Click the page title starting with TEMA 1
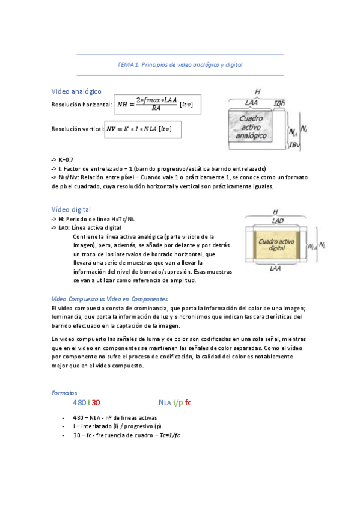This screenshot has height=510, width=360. point(180,64)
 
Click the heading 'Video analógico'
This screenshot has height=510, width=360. point(76,91)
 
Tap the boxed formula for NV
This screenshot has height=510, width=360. point(142,129)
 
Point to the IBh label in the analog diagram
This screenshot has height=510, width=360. point(279,103)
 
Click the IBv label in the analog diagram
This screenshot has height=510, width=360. point(294,144)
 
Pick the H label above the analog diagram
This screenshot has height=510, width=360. point(257,91)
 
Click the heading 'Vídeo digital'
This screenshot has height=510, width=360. point(71,209)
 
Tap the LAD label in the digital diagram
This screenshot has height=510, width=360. point(278,221)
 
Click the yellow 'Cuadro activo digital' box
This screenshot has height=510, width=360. point(277,244)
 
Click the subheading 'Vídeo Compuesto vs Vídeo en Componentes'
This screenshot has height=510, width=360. point(110,299)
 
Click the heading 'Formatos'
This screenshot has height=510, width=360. point(64,392)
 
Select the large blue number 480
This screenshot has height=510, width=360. point(79,402)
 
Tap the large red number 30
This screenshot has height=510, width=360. point(96,402)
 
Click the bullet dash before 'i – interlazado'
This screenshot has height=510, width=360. point(63,426)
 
